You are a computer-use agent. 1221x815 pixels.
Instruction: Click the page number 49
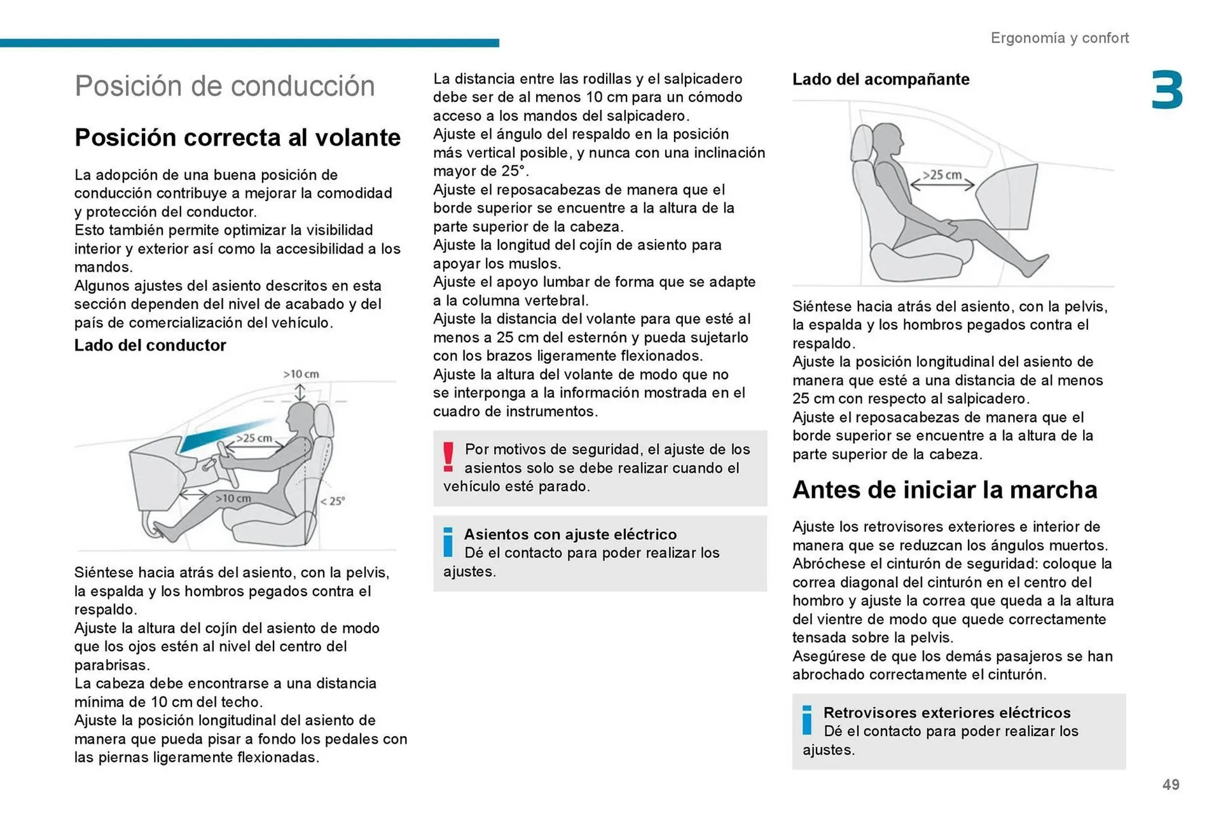coord(1170,784)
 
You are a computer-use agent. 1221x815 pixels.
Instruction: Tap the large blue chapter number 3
coord(1167,91)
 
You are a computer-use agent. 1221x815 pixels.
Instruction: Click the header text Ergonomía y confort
coord(1059,38)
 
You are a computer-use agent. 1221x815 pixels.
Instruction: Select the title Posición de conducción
coord(224,86)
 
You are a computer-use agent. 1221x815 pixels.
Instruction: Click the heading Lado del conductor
coord(150,345)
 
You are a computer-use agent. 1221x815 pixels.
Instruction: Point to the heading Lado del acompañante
coord(881,80)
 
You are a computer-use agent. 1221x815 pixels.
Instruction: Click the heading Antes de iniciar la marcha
coord(944,490)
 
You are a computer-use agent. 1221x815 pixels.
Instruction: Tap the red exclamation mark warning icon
coord(448,457)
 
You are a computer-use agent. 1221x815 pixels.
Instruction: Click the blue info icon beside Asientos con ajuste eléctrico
coord(448,542)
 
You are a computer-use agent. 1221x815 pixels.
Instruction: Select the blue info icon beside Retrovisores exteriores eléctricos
coord(807,720)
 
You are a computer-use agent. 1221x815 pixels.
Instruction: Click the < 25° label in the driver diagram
coord(333,501)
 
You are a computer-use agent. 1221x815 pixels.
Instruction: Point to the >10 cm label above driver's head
coord(301,374)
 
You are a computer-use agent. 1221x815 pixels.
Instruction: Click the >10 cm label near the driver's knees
coord(233,498)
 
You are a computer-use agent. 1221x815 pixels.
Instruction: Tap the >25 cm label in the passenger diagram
coord(942,174)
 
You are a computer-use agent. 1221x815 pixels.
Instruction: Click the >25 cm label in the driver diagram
coord(254,438)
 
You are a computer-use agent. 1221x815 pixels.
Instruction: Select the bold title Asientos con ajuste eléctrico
coord(570,534)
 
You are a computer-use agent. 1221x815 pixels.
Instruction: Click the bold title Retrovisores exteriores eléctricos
coord(946,713)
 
